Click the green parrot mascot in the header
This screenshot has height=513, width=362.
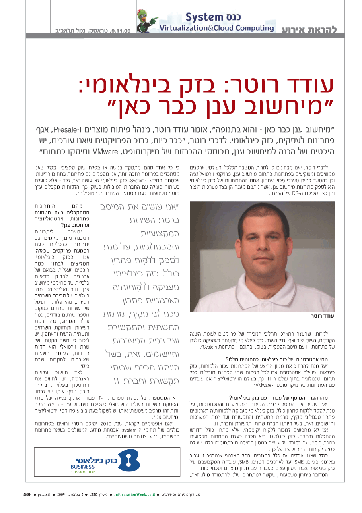point(147,21)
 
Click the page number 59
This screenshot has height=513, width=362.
point(27,494)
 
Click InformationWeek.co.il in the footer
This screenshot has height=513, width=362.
point(135,494)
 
